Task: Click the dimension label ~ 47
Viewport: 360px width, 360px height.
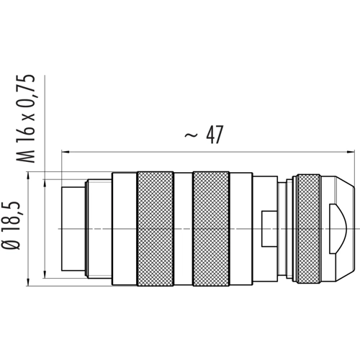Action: pyautogui.click(x=204, y=135)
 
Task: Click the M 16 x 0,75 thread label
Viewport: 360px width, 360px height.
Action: pyautogui.click(x=25, y=119)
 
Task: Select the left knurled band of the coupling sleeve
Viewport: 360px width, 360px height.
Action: pyautogui.click(x=155, y=229)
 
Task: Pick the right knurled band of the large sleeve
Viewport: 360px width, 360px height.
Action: pyautogui.click(x=211, y=229)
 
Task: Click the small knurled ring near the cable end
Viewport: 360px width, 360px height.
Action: pyautogui.click(x=309, y=229)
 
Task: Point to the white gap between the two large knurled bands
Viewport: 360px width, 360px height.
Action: pyautogui.click(x=183, y=229)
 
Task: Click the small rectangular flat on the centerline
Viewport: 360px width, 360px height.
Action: pyautogui.click(x=269, y=229)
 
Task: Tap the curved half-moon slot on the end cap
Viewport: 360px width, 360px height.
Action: pyautogui.click(x=338, y=229)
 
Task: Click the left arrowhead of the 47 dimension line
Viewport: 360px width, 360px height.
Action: pyautogui.click(x=66, y=152)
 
